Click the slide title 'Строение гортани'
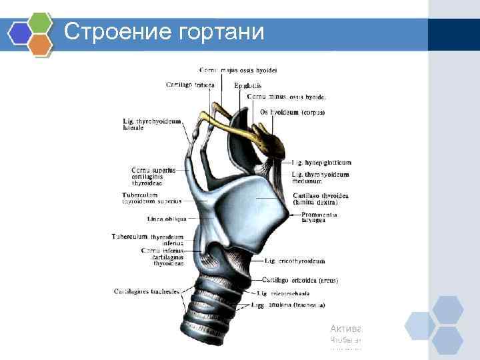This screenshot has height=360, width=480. [x=164, y=31]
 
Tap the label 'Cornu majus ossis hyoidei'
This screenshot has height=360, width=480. [x=238, y=70]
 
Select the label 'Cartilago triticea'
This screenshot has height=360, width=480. [x=190, y=85]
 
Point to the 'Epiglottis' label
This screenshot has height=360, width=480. [x=248, y=85]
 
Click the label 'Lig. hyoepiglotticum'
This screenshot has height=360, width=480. [x=322, y=162]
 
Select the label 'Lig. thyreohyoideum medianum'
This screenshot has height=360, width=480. [x=320, y=177]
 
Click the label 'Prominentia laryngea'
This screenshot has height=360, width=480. [x=319, y=217]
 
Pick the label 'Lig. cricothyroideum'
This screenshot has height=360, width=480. [x=295, y=261]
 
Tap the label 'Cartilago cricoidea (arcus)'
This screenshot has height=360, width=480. [x=300, y=281]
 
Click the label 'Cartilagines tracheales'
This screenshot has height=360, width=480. [x=147, y=291]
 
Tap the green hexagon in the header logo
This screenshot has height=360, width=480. [x=41, y=22]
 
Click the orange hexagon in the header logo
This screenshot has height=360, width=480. [x=41, y=45]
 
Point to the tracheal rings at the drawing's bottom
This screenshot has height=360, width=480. [x=210, y=313]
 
